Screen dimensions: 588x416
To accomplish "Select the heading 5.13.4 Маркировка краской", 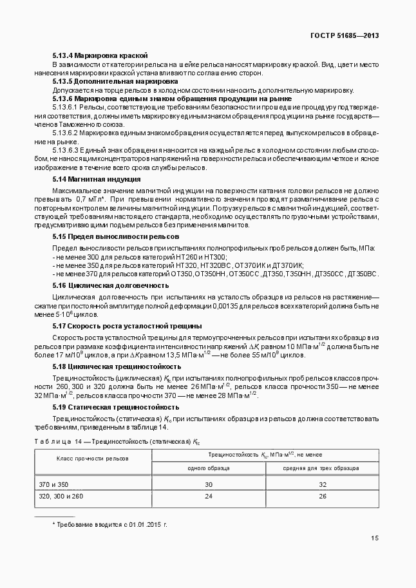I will click(100, 56).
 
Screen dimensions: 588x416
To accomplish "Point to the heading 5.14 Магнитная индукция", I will click(97, 178).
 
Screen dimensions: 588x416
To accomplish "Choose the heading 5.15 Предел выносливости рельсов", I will click(111, 236).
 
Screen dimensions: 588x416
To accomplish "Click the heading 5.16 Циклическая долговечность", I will click(111, 285).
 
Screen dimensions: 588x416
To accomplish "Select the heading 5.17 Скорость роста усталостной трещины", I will click(127, 325).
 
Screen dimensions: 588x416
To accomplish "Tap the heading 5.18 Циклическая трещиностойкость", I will click(117, 366).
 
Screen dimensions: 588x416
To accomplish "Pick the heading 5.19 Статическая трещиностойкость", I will click(115, 407).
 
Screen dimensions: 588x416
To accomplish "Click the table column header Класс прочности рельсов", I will click(93, 459).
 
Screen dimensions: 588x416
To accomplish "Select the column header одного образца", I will click(209, 468).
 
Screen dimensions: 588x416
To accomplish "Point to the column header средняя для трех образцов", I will click(321, 468).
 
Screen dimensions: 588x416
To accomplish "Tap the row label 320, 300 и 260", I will click(61, 496).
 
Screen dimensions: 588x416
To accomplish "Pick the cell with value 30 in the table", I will click(209, 484).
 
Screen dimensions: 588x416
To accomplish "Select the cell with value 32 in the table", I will click(321, 484).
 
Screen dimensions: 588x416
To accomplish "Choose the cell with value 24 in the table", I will click(209, 496).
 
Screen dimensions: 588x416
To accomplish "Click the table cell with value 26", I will click(321, 496).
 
